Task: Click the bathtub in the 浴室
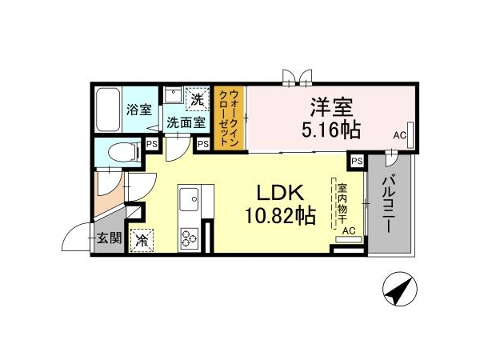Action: click(x=107, y=110)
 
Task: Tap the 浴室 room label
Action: click(x=139, y=110)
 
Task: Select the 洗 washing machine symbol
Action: click(x=198, y=99)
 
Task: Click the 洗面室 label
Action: click(x=186, y=123)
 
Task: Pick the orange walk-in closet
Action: click(x=230, y=118)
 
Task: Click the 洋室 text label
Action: click(x=332, y=107)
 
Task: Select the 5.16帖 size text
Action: click(x=331, y=130)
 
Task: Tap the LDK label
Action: click(x=280, y=193)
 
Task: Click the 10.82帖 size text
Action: click(x=281, y=215)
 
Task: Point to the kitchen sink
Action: click(x=189, y=199)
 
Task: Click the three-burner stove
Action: click(x=189, y=238)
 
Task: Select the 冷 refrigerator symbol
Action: click(x=142, y=240)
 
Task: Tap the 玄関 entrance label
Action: click(x=110, y=238)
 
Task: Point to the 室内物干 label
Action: click(x=342, y=203)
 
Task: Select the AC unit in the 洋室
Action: click(x=410, y=135)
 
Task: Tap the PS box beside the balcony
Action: click(x=357, y=161)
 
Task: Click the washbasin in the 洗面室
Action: click(x=174, y=94)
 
